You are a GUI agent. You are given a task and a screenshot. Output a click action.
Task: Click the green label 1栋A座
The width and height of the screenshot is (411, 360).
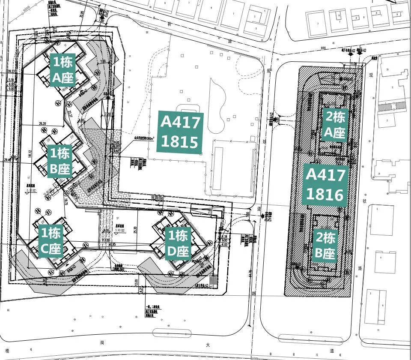pyautogui.click(x=63, y=70)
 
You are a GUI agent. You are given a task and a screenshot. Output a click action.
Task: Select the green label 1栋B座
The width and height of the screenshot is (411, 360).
pyautogui.click(x=60, y=161)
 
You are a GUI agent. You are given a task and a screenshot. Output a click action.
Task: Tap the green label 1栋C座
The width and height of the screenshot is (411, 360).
pyautogui.click(x=51, y=241)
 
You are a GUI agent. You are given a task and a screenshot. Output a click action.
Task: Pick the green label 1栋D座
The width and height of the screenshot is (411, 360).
pyautogui.click(x=177, y=243)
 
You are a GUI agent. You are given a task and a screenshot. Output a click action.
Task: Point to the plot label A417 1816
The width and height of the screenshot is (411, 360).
pyautogui.click(x=325, y=185)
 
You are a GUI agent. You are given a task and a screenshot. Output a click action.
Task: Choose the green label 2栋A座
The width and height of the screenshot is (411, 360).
pyautogui.click(x=334, y=125)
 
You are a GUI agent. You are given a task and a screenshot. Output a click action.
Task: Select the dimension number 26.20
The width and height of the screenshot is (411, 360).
pyautogui.click(x=42, y=123)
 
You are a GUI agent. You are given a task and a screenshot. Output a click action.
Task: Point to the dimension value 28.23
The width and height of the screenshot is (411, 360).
pyautogui.click(x=11, y=72)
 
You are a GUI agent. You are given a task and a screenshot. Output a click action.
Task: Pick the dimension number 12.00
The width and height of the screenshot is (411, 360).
pyautogui.click(x=136, y=282)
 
